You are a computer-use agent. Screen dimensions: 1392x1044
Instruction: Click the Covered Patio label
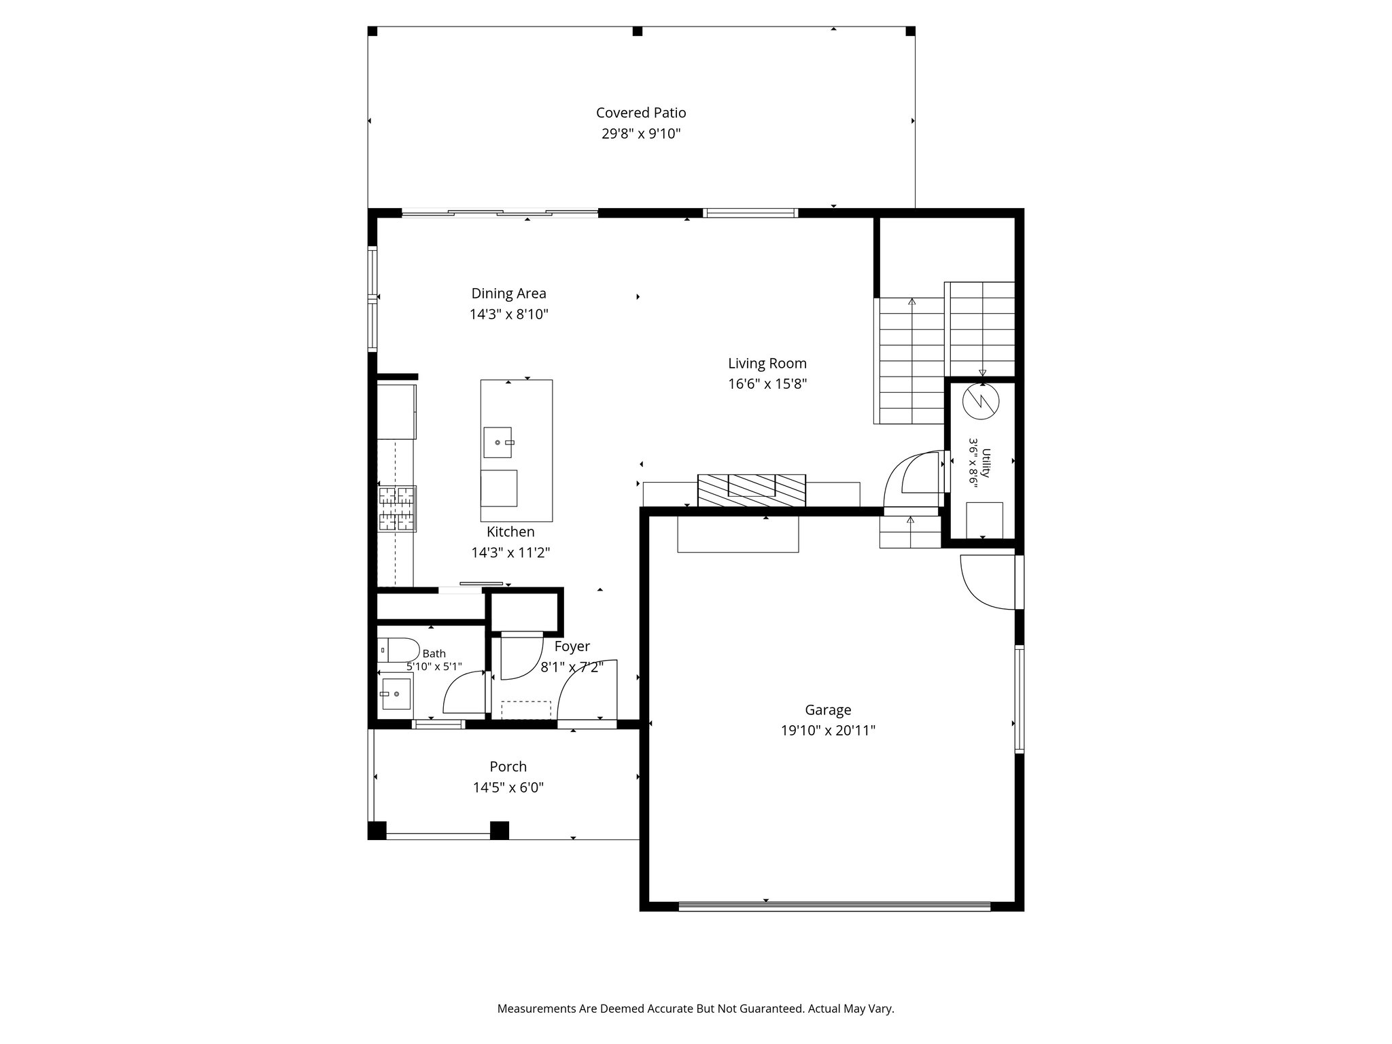(641, 113)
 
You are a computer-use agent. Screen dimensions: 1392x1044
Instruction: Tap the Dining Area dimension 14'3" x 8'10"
(508, 315)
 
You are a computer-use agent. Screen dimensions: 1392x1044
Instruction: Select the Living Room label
(767, 364)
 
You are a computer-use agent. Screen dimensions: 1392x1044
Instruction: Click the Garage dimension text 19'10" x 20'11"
(828, 731)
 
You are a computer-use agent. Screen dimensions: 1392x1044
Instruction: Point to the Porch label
(508, 767)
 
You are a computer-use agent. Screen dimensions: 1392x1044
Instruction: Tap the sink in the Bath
(396, 694)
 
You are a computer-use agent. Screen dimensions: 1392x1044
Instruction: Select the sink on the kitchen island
(498, 442)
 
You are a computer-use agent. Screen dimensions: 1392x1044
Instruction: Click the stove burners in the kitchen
(397, 508)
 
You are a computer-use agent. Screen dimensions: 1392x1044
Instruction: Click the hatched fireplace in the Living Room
(752, 490)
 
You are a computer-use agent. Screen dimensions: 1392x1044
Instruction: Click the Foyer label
(572, 646)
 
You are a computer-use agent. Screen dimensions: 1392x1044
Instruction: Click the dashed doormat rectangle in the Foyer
(526, 710)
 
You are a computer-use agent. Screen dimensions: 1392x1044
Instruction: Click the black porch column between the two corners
(500, 831)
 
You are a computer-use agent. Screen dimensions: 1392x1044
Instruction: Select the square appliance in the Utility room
(984, 519)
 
